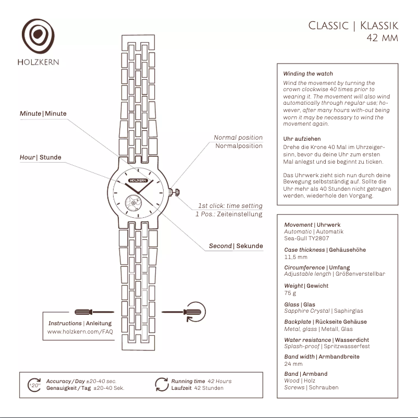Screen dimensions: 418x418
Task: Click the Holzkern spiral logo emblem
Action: click(38, 36)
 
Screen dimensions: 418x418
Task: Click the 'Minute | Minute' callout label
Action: click(43, 114)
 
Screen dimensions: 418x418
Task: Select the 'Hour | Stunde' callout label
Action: click(41, 157)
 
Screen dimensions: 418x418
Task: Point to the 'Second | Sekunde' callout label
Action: click(236, 246)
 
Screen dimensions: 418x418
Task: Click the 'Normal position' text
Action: click(238, 138)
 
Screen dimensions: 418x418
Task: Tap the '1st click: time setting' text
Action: click(230, 206)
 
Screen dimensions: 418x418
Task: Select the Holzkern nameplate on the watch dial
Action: click(138, 180)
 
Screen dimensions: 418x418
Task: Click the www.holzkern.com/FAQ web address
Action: click(80, 331)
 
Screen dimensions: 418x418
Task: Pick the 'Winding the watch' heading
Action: click(308, 74)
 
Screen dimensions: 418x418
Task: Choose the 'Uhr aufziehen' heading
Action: click(302, 139)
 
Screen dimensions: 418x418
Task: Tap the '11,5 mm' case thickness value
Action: click(296, 256)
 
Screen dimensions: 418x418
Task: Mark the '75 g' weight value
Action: click(290, 292)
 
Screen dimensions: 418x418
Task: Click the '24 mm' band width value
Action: click(293, 364)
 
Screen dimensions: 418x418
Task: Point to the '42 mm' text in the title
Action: click(382, 38)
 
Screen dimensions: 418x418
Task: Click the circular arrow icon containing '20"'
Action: click(34, 385)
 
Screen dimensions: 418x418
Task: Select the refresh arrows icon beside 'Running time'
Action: click(162, 385)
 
